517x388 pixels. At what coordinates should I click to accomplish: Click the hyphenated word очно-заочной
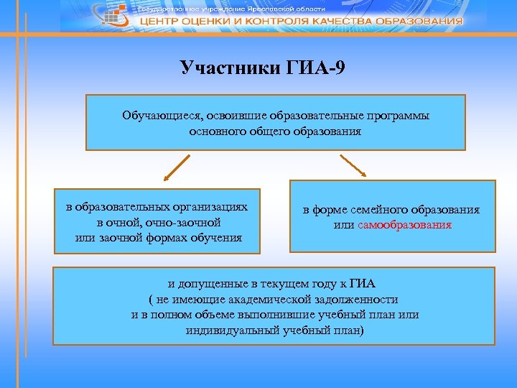[x=190, y=223]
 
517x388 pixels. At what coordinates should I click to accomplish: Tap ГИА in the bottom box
[x=370, y=283]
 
